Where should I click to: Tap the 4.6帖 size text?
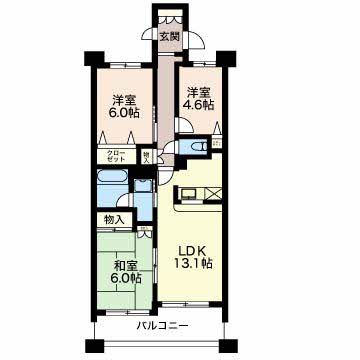[197, 103]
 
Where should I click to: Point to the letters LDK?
[193, 250]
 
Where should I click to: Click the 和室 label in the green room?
[125, 265]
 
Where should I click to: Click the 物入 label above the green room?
[113, 219]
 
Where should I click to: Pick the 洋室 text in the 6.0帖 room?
[124, 99]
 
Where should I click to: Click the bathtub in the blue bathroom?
[111, 177]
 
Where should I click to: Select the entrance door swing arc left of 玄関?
[196, 42]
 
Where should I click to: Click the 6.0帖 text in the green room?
[126, 279]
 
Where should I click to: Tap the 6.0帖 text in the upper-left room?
[124, 113]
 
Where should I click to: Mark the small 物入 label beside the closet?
[147, 157]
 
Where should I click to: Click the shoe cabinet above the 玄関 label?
[168, 17]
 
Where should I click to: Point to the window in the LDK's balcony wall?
[190, 303]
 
